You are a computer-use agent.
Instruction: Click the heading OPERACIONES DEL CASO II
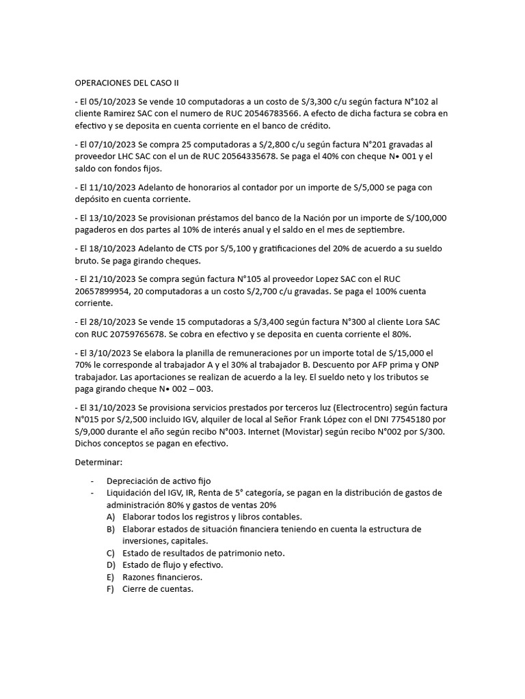(x=126, y=83)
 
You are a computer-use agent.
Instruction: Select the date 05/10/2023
(x=111, y=102)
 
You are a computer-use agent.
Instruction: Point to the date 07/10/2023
(x=111, y=145)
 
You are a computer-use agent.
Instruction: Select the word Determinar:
(x=98, y=462)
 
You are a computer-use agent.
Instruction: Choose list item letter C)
(x=111, y=553)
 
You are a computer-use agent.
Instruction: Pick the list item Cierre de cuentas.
(x=158, y=590)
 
